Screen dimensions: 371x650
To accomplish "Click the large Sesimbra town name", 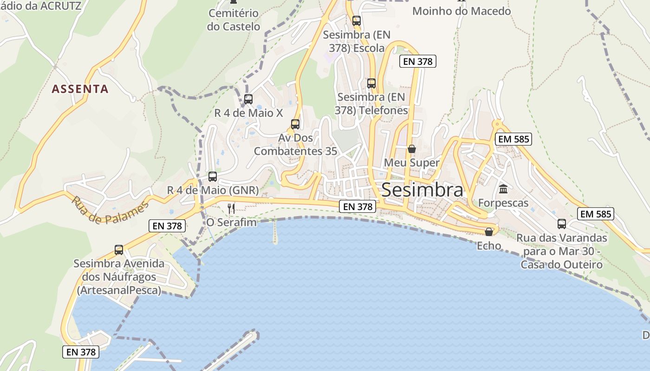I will click(422, 190).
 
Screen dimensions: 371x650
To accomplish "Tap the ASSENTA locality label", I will click(80, 89).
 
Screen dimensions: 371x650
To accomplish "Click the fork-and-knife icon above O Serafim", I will click(231, 209).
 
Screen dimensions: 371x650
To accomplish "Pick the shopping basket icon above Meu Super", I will click(412, 149).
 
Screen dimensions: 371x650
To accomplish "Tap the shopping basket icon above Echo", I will click(489, 232).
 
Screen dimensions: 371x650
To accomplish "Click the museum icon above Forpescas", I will click(503, 189).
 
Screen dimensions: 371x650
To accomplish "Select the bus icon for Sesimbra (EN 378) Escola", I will click(357, 21).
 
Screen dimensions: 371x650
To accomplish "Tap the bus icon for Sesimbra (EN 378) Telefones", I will click(371, 83).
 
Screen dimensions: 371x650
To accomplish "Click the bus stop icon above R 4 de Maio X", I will click(248, 99).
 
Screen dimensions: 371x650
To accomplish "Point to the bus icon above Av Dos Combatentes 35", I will click(295, 124).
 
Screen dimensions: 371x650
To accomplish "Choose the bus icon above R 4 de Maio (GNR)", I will click(213, 177).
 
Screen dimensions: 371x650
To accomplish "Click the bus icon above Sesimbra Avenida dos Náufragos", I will click(119, 250).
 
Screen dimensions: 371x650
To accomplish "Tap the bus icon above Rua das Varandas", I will click(562, 224).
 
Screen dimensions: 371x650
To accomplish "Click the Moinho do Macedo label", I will click(461, 11).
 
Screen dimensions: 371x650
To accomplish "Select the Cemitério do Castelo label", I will click(234, 20).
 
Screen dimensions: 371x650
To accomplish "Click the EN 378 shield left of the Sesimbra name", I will click(357, 207).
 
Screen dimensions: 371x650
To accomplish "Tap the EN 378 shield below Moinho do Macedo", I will click(418, 61).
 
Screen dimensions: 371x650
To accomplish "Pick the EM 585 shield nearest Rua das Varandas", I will click(596, 214).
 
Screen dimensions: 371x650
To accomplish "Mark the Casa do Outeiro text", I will click(561, 265).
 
